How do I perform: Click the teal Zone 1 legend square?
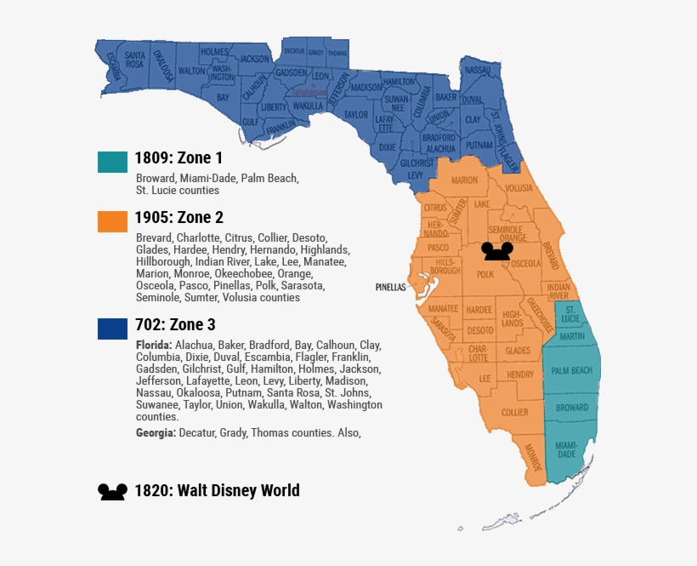pyautogui.click(x=112, y=161)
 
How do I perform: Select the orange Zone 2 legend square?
pyautogui.click(x=112, y=220)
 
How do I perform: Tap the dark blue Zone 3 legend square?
pyautogui.click(x=112, y=328)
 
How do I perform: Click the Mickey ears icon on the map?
pyautogui.click(x=496, y=250)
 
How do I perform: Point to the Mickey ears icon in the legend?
pyautogui.click(x=112, y=492)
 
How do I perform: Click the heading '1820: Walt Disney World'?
pyautogui.click(x=217, y=490)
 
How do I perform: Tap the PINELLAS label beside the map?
pyautogui.click(x=391, y=287)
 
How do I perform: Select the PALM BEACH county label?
pyautogui.click(x=571, y=370)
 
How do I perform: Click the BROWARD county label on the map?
pyautogui.click(x=572, y=408)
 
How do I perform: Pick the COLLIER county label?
pyautogui.click(x=514, y=412)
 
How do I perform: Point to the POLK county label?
pyautogui.click(x=485, y=275)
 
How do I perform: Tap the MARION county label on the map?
pyautogui.click(x=464, y=180)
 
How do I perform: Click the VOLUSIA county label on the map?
pyautogui.click(x=518, y=188)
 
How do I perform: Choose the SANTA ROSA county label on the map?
pyautogui.click(x=134, y=60)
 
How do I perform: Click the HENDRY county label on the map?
pyautogui.click(x=519, y=374)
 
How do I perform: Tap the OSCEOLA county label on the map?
pyautogui.click(x=524, y=264)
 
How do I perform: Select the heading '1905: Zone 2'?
pyautogui.click(x=179, y=218)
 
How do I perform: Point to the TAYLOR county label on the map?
pyautogui.click(x=356, y=114)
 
